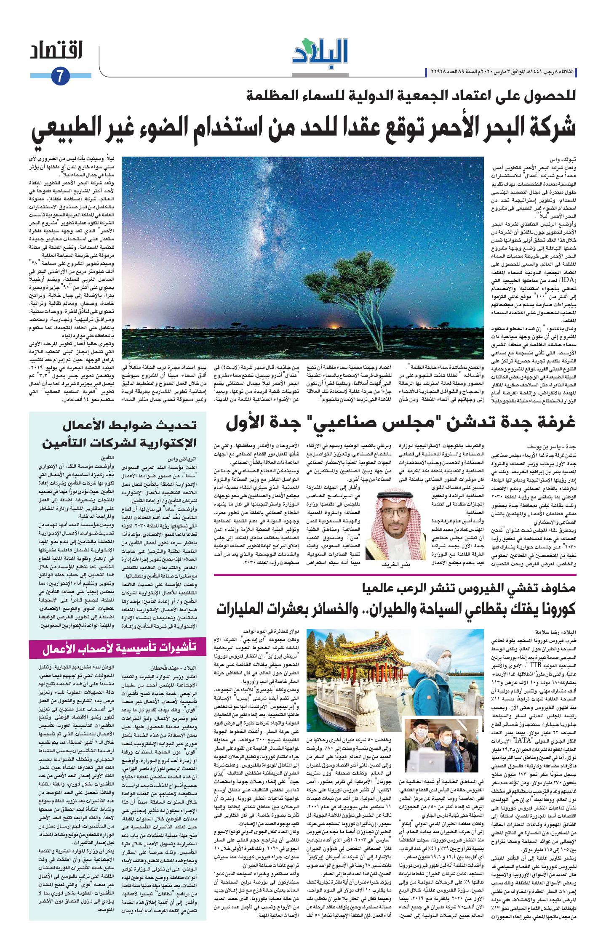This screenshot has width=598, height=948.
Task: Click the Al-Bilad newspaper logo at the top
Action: tap(320, 52)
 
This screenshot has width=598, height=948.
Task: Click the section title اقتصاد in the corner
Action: tap(56, 51)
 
